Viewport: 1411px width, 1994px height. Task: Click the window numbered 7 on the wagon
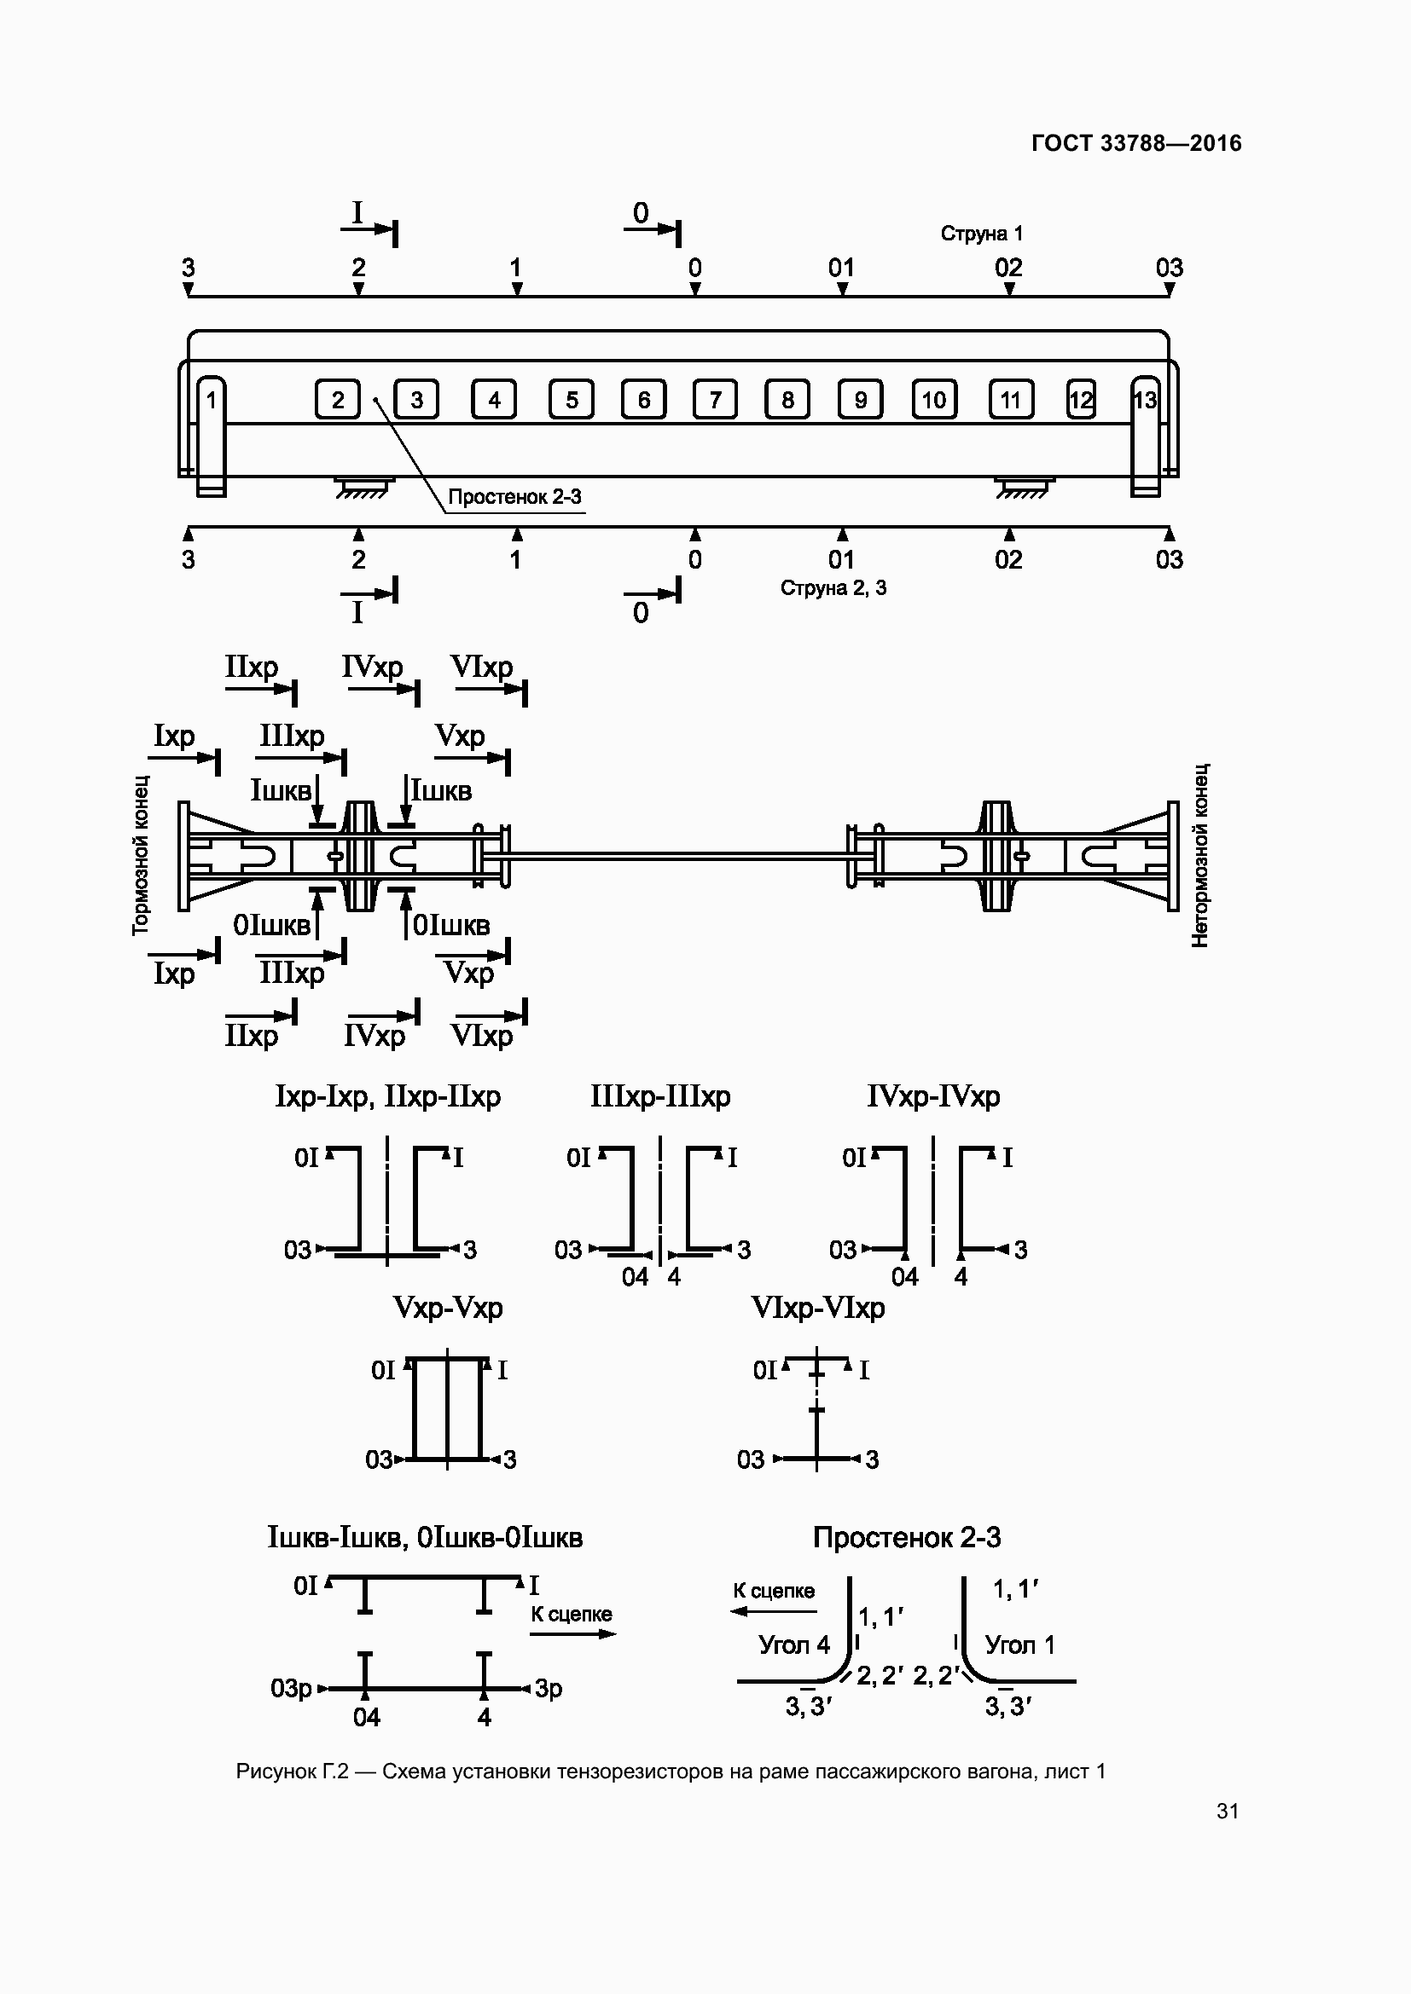715,400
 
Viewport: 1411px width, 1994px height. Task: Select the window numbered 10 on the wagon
934,400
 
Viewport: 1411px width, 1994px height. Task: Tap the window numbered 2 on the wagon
337,400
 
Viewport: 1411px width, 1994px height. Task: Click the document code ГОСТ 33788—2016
1136,143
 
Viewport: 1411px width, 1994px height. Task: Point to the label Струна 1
982,234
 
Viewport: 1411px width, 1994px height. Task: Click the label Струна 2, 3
833,588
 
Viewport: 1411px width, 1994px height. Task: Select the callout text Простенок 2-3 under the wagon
514,497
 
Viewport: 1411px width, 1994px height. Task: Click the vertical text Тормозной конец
141,855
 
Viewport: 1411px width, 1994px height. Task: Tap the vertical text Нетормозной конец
1200,855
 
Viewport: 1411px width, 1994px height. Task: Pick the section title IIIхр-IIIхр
660,1097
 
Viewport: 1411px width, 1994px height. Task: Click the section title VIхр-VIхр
817,1308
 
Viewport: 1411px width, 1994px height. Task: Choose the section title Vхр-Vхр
448,1308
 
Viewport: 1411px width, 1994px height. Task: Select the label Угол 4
794,1644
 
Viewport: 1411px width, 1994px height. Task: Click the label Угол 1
1020,1644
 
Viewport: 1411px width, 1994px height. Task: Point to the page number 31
1228,1811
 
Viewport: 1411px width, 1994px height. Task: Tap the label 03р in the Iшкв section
291,1687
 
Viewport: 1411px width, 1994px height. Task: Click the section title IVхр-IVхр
933,1097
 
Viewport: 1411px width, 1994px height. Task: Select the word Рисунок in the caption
276,1771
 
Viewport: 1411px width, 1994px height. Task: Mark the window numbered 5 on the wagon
572,400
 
